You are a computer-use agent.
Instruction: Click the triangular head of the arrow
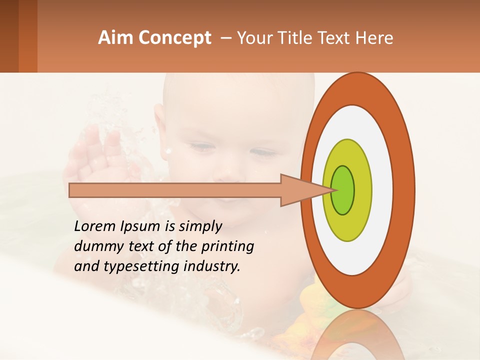pos(300,190)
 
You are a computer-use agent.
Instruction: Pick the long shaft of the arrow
pos(175,190)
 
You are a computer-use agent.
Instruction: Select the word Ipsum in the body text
pos(139,226)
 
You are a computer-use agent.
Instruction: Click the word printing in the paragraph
pos(227,246)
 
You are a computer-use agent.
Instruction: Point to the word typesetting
pos(134,266)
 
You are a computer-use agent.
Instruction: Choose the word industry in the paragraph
pos(212,266)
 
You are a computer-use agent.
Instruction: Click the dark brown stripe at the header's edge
pos(9,36)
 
